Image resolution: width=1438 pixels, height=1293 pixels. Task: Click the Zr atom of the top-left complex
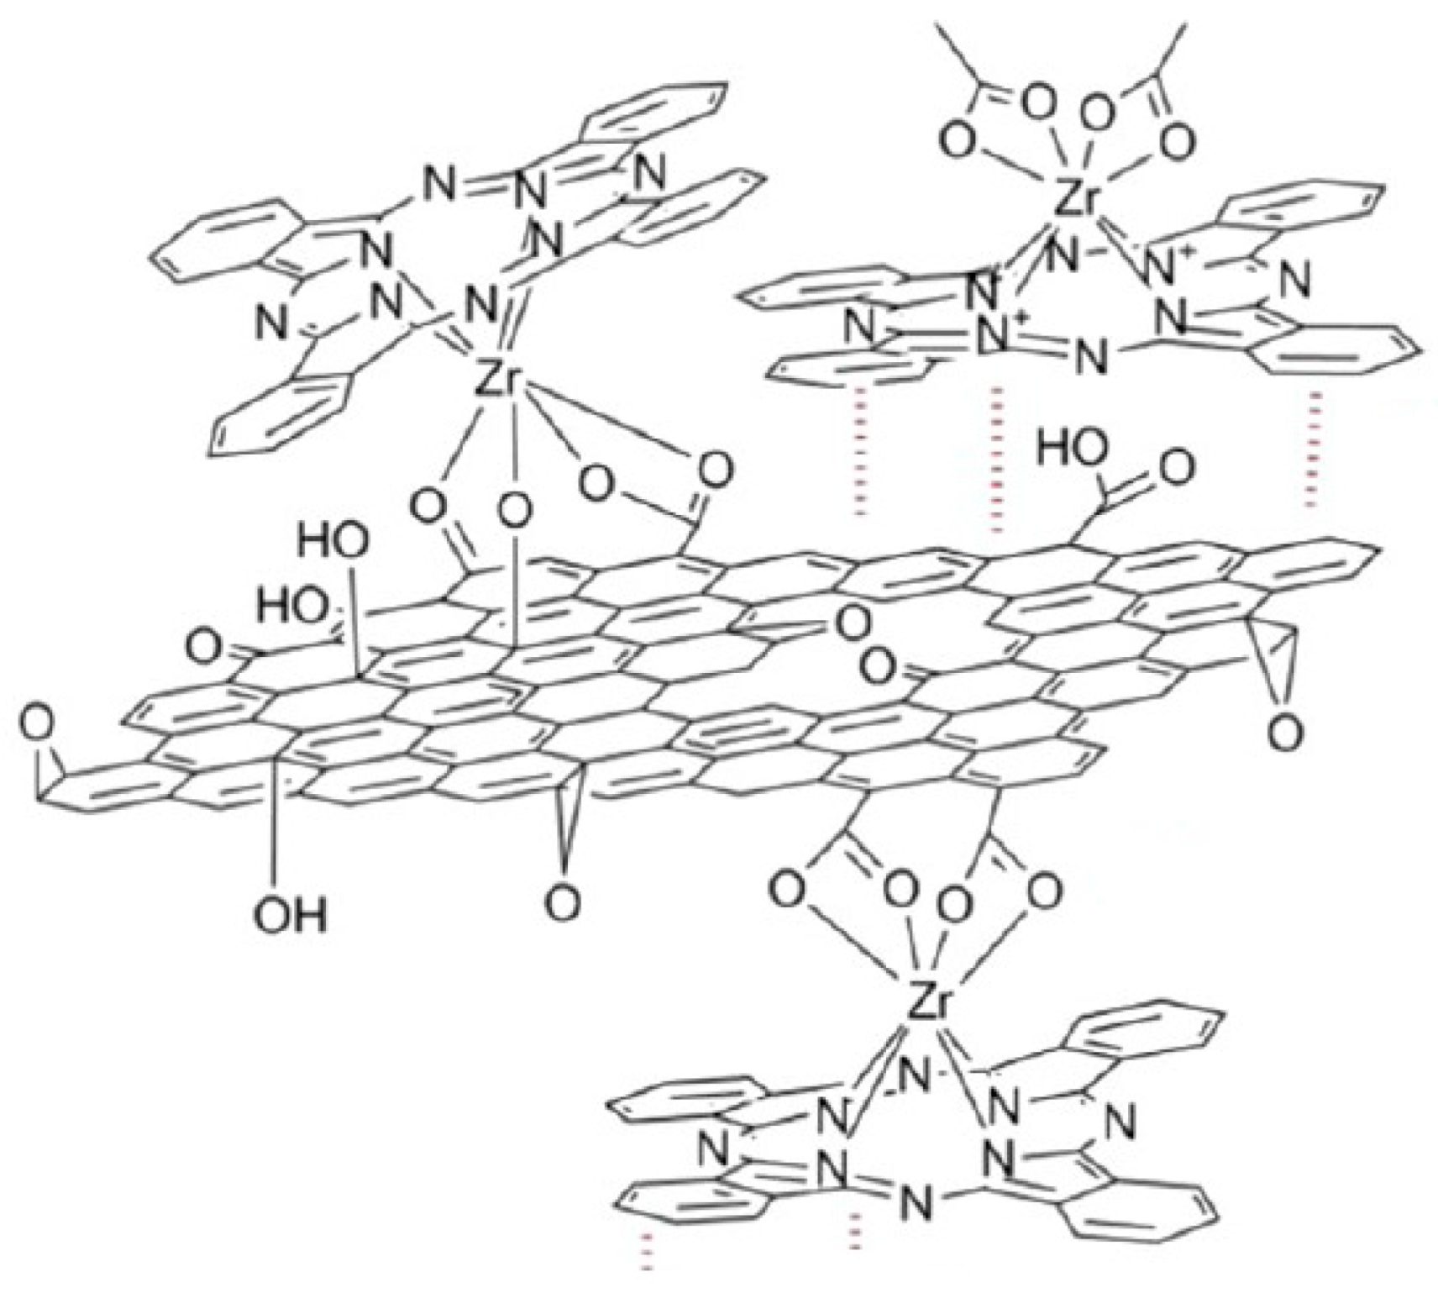tap(497, 379)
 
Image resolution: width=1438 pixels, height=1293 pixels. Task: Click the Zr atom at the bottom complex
tap(929, 1004)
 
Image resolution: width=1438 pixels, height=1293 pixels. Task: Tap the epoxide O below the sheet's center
tap(562, 903)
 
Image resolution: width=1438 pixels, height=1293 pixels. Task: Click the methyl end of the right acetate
tap(1183, 29)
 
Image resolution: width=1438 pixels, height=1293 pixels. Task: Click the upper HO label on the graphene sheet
tap(333, 543)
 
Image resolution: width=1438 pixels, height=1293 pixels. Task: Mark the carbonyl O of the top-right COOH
tap(1173, 467)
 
